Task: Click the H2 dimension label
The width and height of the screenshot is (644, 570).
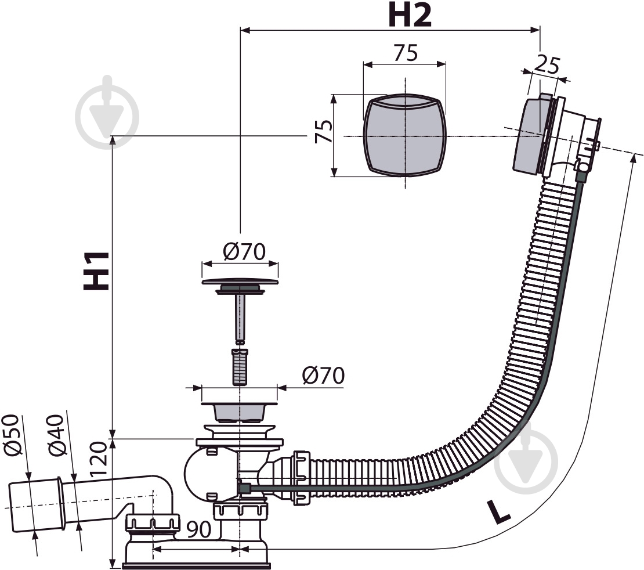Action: tap(410, 16)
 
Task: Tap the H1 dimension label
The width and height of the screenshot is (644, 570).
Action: tap(97, 271)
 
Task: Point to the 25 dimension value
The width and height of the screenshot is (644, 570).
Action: tap(547, 63)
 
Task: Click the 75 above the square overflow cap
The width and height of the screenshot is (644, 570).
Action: tap(406, 53)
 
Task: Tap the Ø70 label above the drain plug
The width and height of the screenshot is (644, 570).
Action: tap(244, 251)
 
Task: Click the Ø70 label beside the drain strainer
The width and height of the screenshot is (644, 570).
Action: tap(323, 376)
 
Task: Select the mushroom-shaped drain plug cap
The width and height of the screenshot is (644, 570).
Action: tap(240, 283)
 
